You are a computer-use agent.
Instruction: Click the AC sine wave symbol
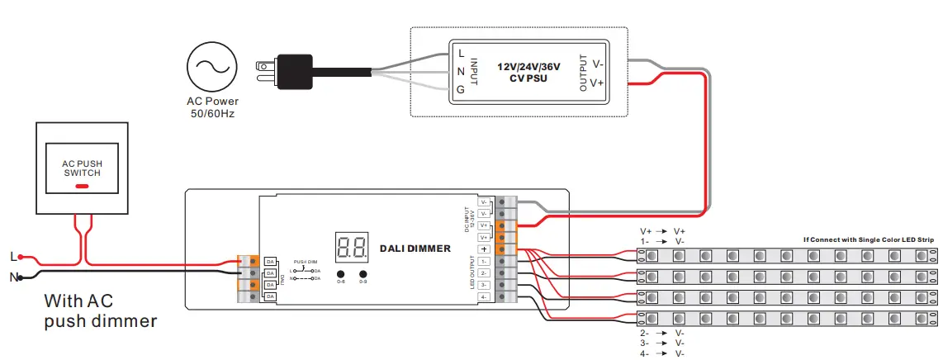(x=211, y=69)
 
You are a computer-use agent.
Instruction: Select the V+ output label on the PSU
(x=598, y=83)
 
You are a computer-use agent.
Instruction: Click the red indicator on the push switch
(x=83, y=186)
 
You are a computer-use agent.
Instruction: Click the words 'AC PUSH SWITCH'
(x=83, y=168)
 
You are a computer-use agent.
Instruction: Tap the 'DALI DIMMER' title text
(x=415, y=248)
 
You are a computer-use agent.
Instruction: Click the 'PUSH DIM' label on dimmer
(x=306, y=261)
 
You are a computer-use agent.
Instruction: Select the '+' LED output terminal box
(x=484, y=249)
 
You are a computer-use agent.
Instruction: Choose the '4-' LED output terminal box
(x=484, y=296)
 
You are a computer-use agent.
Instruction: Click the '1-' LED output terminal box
(x=484, y=261)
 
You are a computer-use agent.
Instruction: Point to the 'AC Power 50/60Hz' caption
(x=211, y=107)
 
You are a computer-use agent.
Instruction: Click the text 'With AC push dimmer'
(x=100, y=310)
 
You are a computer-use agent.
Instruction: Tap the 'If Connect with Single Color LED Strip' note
(x=869, y=240)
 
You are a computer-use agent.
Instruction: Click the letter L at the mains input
(x=12, y=257)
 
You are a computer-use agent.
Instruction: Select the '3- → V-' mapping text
(x=662, y=342)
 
